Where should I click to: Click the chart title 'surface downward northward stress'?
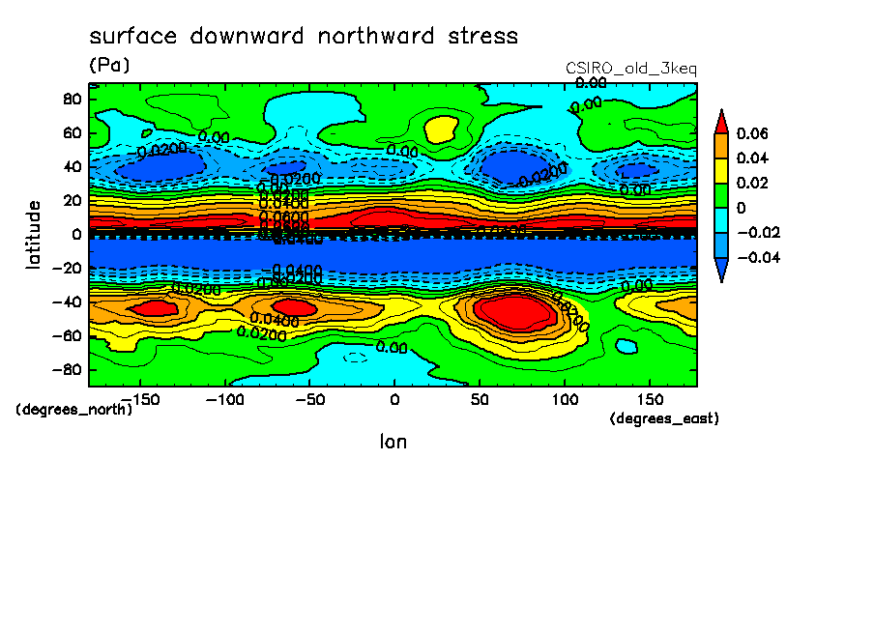pos(304,37)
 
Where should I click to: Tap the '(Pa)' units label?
pos(108,66)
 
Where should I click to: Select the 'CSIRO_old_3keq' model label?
pos(630,69)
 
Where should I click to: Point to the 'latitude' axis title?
pos(34,234)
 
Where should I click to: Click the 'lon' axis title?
pos(393,442)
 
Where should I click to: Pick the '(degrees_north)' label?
pos(74,409)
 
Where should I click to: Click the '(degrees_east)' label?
pos(664,418)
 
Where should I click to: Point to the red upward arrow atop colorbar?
pos(721,121)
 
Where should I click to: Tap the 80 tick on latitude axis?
pos(71,99)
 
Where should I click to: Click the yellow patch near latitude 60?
pos(441,128)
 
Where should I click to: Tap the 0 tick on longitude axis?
pos(393,399)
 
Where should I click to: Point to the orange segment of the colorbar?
pos(721,145)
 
